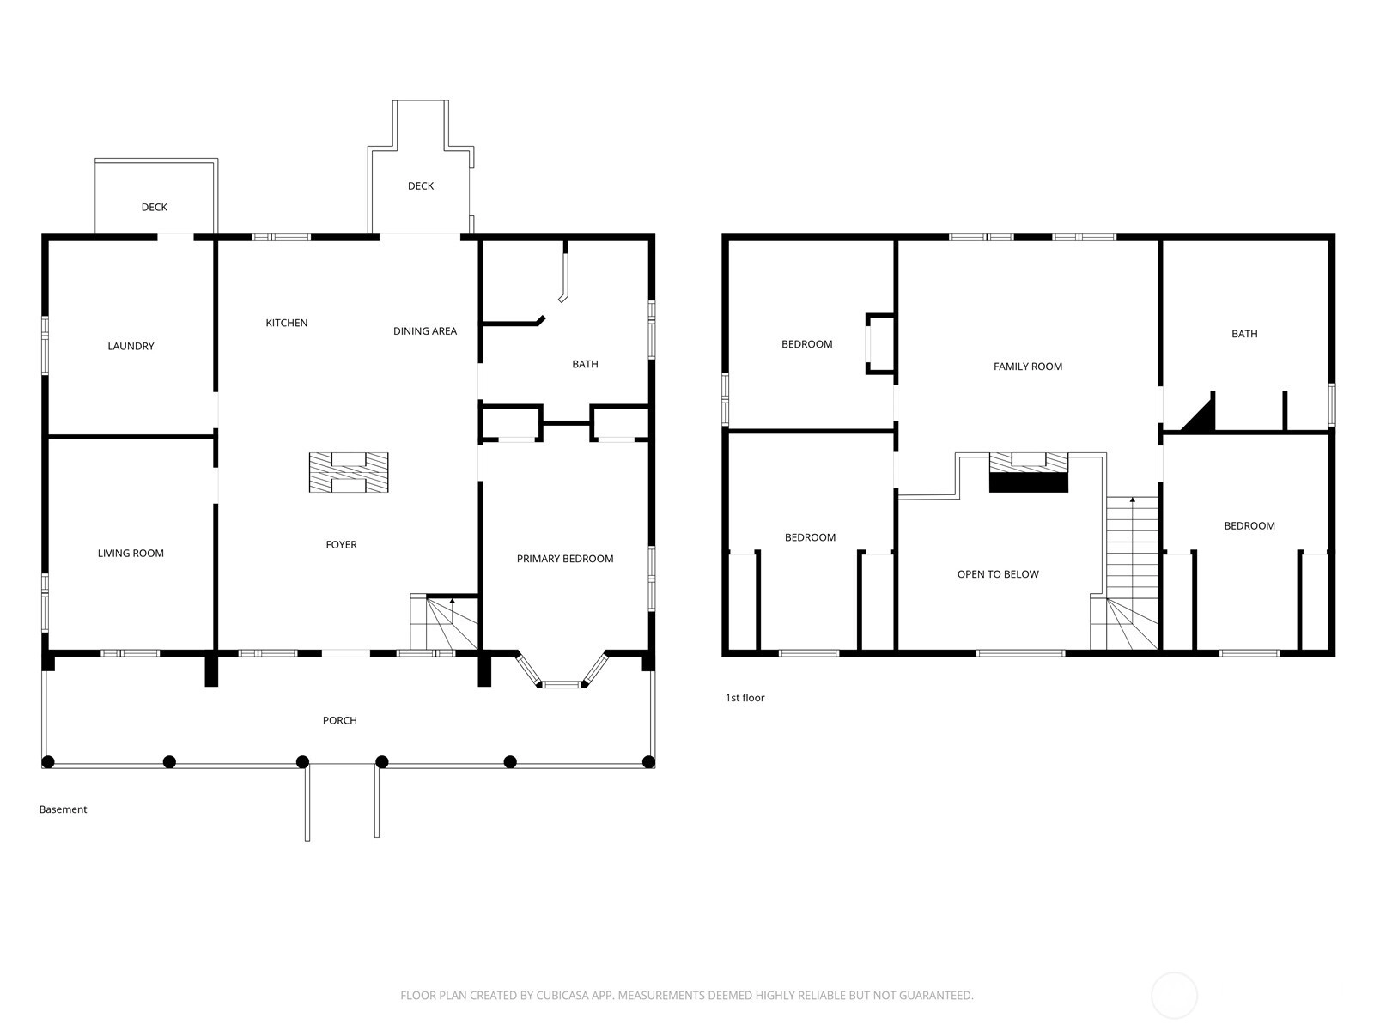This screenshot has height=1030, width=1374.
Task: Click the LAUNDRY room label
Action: coord(131,346)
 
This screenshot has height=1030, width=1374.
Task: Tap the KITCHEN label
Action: coord(287,323)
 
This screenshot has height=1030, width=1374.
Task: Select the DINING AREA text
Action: coord(425,330)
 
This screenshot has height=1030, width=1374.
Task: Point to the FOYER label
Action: coord(341,545)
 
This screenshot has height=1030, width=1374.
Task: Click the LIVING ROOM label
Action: coord(131,553)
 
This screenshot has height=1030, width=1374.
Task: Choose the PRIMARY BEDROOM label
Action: coord(564,559)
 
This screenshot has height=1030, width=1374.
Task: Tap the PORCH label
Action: coord(340,720)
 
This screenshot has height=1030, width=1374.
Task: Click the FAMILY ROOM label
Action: coord(1028,367)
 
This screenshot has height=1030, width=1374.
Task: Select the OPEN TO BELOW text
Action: coord(998,574)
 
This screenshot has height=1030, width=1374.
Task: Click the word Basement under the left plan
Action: coord(64,809)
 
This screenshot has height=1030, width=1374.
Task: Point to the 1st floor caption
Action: coord(745,698)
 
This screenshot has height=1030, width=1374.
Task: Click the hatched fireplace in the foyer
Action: coord(349,472)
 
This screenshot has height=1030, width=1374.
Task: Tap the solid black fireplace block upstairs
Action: coord(1029,482)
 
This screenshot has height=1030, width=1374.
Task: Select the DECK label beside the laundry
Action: coord(155,207)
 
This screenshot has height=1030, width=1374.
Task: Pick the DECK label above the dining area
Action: coord(421,185)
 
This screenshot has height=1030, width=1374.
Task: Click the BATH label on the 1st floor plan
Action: coord(1244,334)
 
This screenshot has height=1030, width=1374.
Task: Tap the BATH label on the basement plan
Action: coord(586,364)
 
